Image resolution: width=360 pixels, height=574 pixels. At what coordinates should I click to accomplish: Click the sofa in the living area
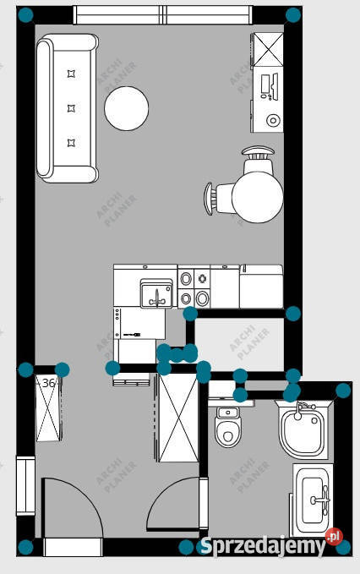tap(67, 108)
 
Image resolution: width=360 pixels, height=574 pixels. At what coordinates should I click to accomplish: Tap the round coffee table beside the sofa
tap(126, 108)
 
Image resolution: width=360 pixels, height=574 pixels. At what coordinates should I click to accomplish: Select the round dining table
tap(258, 197)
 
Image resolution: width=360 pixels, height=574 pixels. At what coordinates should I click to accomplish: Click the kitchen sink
tap(156, 292)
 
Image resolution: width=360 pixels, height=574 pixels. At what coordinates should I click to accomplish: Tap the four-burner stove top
tap(194, 289)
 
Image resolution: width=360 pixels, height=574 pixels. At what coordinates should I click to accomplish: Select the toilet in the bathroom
tap(228, 426)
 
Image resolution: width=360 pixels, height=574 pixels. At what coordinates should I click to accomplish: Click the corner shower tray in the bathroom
tap(303, 429)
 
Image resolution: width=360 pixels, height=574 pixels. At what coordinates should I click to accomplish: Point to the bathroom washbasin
tap(314, 500)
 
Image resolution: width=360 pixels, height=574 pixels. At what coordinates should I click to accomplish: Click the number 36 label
tap(49, 383)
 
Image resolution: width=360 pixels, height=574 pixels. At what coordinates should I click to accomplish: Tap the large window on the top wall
tap(163, 15)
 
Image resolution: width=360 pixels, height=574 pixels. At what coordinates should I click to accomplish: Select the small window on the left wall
tap(25, 485)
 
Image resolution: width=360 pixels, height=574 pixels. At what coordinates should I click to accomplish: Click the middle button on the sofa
tap(72, 108)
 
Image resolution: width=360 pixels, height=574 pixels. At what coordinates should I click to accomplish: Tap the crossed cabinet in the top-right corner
tap(268, 49)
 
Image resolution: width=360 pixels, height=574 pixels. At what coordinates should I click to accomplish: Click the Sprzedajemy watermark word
tap(263, 547)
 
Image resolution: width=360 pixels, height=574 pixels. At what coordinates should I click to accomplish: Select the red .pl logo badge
tap(334, 537)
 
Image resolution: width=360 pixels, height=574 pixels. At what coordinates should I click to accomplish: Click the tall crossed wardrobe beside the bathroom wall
tap(177, 418)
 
